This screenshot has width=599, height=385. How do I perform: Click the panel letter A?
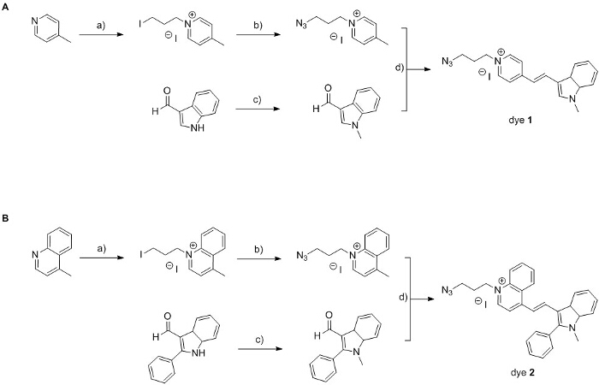6,6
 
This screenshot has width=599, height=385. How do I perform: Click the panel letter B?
6,219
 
